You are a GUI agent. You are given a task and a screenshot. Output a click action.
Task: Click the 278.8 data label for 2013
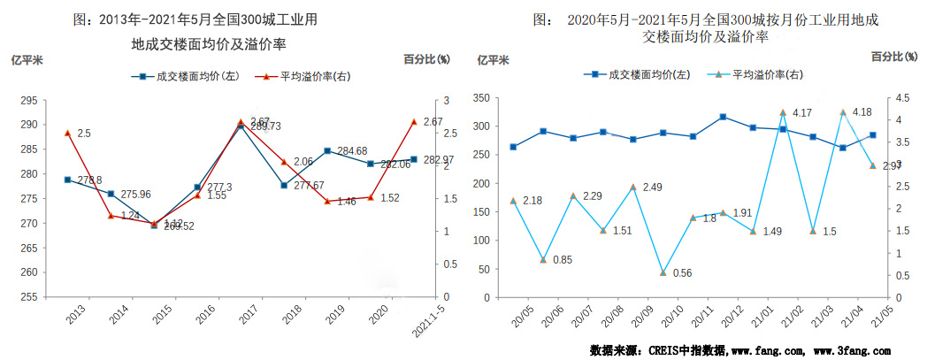(88, 180)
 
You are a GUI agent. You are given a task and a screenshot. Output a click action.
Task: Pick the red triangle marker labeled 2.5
(67, 133)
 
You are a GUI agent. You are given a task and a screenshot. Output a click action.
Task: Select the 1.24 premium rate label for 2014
(130, 215)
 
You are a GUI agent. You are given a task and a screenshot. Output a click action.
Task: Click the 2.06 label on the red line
(303, 162)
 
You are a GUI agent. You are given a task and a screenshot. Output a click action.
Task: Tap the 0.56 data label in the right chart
(682, 272)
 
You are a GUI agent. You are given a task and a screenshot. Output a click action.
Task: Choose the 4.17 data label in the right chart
(802, 113)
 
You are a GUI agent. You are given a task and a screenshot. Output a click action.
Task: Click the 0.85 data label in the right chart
(563, 259)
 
